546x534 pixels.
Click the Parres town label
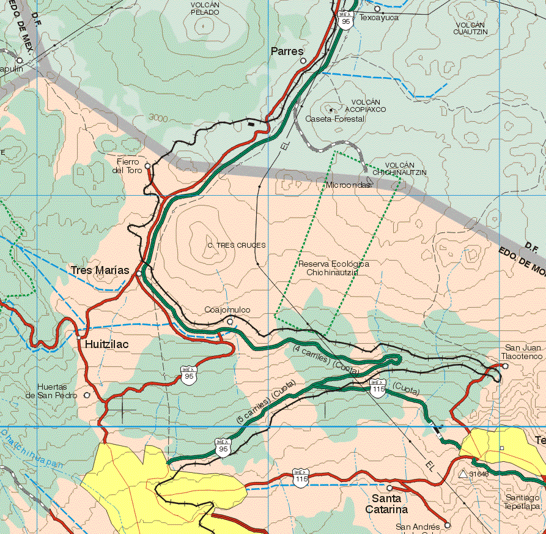287,52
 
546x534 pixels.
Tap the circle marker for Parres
303,61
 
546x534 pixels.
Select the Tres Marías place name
100,270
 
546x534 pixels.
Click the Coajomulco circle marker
230,321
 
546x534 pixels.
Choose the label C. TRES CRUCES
237,245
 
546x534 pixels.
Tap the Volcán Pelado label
205,8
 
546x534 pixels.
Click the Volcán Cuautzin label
470,28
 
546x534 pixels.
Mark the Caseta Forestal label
335,119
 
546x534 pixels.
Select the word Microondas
348,185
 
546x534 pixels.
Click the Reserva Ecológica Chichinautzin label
333,268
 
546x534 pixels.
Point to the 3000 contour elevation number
158,117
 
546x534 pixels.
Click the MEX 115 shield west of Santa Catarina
300,475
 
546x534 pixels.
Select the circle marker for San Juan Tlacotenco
505,366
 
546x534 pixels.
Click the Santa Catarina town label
386,505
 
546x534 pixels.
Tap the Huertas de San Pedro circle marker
86,395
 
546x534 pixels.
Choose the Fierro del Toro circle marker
148,166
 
